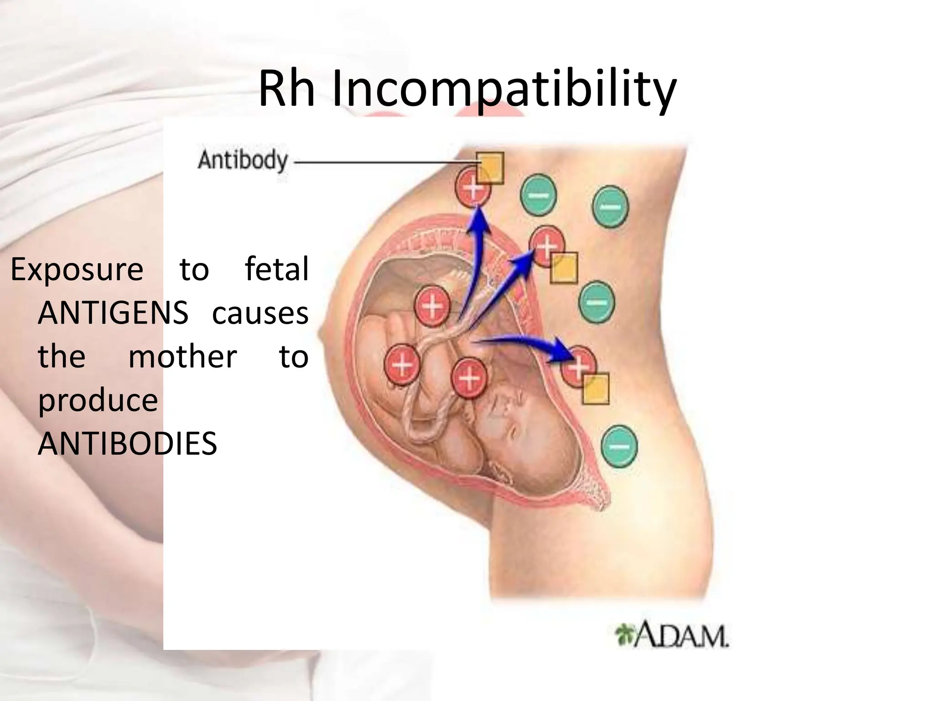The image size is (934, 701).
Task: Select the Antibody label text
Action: pos(243,161)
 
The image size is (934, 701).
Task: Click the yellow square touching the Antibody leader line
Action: pos(490,168)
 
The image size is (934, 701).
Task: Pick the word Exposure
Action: pos(77,269)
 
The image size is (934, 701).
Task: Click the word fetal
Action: pos(277,269)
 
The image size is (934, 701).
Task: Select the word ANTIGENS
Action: pos(113,313)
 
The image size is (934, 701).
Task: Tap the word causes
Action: pos(260,313)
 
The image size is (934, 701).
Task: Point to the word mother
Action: pos(182,356)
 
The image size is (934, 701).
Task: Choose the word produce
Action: pos(98,400)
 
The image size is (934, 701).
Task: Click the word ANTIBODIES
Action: pos(127,444)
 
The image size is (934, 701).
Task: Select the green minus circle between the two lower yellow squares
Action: pos(597,302)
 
